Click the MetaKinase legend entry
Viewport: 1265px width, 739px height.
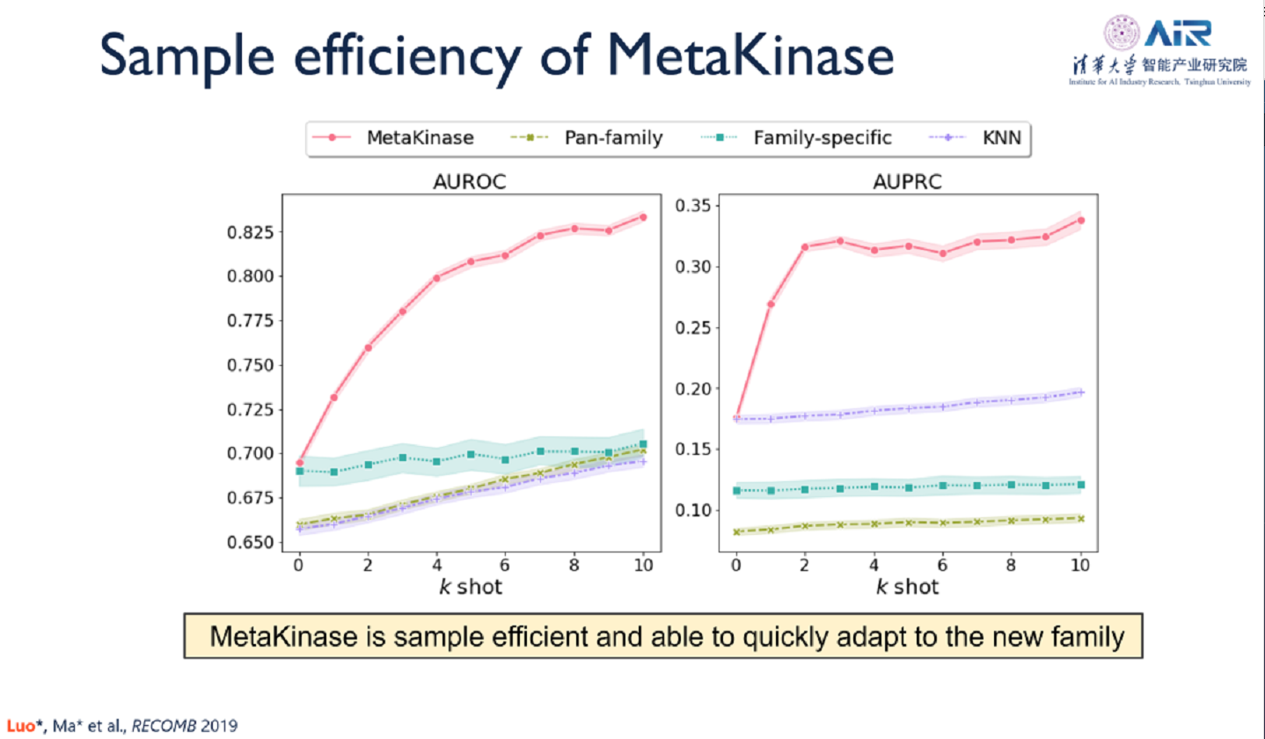[x=421, y=137]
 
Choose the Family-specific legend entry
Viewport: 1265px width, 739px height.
[x=823, y=137]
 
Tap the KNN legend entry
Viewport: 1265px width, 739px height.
[x=995, y=137]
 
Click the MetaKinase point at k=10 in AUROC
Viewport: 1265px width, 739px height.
[x=643, y=216]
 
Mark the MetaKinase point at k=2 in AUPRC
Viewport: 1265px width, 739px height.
[x=805, y=246]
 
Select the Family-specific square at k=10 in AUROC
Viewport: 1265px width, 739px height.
[x=643, y=444]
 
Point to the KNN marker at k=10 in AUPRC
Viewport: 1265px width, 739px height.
[x=1081, y=392]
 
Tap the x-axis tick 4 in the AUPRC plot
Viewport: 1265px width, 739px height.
[x=874, y=567]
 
